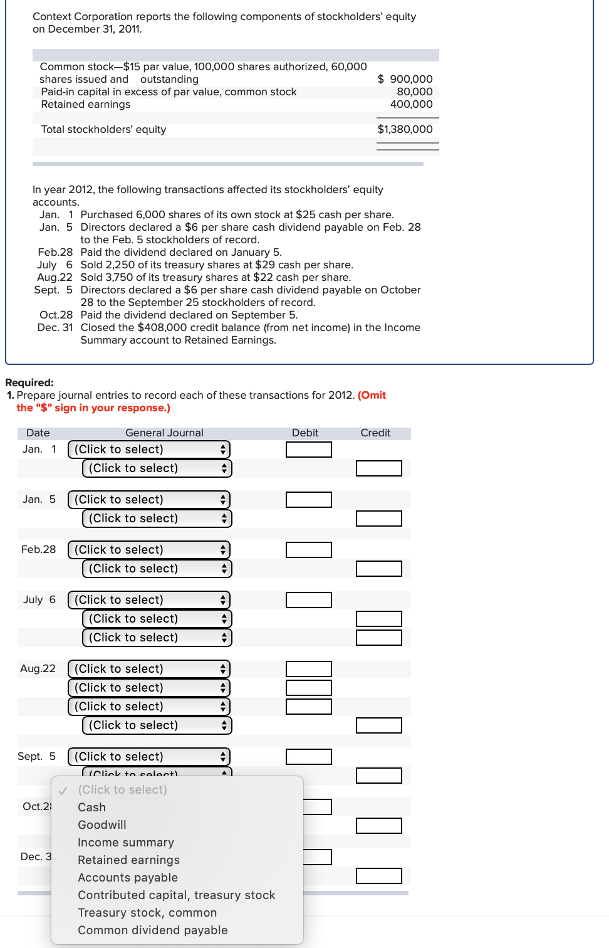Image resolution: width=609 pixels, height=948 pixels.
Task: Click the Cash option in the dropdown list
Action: tap(91, 808)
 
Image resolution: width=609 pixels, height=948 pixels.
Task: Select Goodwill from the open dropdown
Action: tap(101, 825)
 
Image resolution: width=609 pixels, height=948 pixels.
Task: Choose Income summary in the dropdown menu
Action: tap(125, 843)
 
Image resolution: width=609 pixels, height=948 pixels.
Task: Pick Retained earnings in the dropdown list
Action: tap(128, 860)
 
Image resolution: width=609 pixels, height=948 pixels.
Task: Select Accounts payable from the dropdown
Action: tap(127, 878)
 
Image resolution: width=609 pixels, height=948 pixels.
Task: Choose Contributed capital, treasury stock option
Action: tap(176, 895)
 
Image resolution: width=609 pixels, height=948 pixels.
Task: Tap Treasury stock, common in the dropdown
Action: tap(147, 913)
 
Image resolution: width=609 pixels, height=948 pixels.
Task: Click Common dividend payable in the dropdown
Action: tap(152, 930)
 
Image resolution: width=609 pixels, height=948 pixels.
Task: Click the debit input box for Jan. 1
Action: tap(308, 450)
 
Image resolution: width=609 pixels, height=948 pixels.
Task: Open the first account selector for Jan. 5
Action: tap(149, 500)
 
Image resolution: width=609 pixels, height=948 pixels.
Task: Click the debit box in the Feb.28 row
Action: tap(308, 550)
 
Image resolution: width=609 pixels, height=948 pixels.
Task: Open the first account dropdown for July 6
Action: tap(149, 600)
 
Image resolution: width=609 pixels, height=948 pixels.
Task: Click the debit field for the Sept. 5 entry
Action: tap(308, 757)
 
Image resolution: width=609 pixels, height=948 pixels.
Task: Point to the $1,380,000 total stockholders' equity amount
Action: tap(405, 129)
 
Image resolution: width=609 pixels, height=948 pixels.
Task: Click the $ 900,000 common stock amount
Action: tap(405, 79)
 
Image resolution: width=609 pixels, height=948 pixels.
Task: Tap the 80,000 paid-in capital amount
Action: tap(414, 92)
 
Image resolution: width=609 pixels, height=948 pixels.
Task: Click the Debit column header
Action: tap(304, 433)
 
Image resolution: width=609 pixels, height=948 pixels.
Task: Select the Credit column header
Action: tap(375, 433)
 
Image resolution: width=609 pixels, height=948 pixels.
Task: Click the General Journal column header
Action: tap(164, 433)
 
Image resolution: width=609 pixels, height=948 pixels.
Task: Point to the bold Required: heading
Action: tap(29, 382)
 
